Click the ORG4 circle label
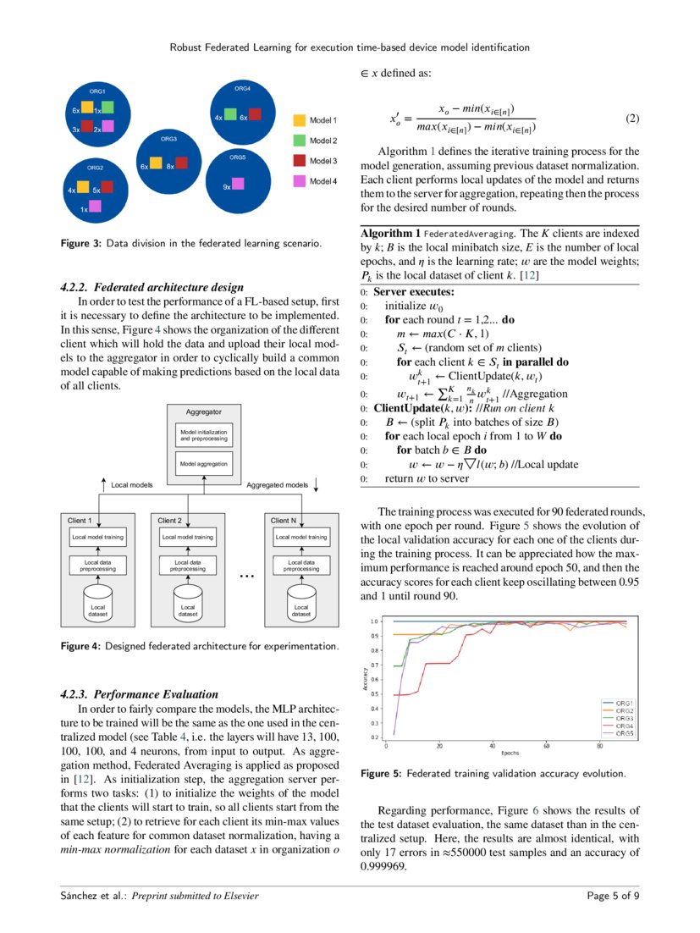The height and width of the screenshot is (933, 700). pyautogui.click(x=242, y=88)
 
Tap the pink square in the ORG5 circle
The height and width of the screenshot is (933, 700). pyautogui.click(x=239, y=184)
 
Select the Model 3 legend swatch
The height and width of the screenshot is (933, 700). pyautogui.click(x=298, y=160)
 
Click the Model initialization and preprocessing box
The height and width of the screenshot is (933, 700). pyautogui.click(x=203, y=436)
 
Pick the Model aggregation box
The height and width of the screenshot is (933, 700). pyautogui.click(x=203, y=464)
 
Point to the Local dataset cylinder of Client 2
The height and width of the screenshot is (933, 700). pyautogui.click(x=189, y=607)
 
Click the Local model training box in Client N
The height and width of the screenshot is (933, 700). pyautogui.click(x=300, y=537)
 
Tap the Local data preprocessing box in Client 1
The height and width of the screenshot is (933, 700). pyautogui.click(x=98, y=565)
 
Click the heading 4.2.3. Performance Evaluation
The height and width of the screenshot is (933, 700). pyautogui.click(x=140, y=694)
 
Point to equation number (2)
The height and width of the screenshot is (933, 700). pyautogui.click(x=631, y=118)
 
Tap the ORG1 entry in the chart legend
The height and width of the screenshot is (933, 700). pyautogui.click(x=625, y=703)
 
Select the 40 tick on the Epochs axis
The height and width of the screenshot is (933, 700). pyautogui.click(x=493, y=746)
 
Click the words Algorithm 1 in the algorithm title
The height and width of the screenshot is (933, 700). pyautogui.click(x=390, y=232)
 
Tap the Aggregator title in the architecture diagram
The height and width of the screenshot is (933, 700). pyautogui.click(x=203, y=411)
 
